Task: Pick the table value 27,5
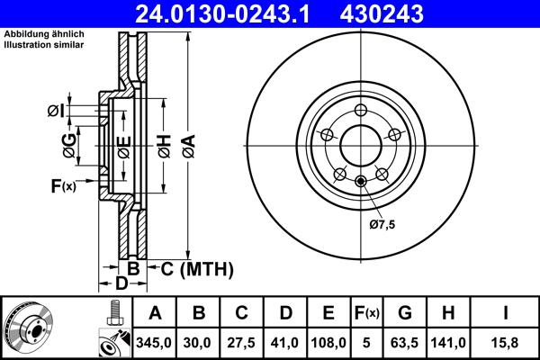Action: pos(242,342)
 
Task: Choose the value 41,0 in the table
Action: pos(285,342)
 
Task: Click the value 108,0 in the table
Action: pos(328,342)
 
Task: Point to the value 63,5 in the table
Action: pos(405,342)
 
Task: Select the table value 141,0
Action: pos(448,342)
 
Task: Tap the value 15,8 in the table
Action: pos(505,342)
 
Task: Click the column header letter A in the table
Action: pos(155,313)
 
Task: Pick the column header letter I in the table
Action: pos(505,313)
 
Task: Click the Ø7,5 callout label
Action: pos(382,224)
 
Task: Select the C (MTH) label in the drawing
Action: pos(197,268)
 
